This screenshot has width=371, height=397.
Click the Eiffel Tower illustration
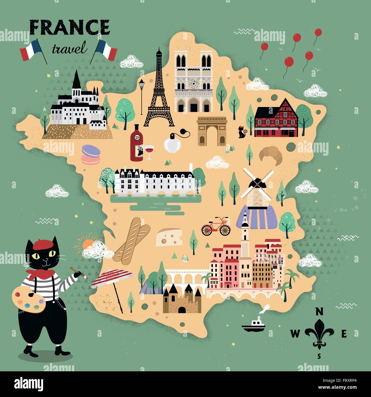coord(159,94)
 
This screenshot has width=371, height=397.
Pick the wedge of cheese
coord(170,237)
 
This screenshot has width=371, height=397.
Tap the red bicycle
coord(216,227)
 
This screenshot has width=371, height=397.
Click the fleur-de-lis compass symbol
coord(319,333)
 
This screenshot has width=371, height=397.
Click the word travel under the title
coord(69,49)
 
